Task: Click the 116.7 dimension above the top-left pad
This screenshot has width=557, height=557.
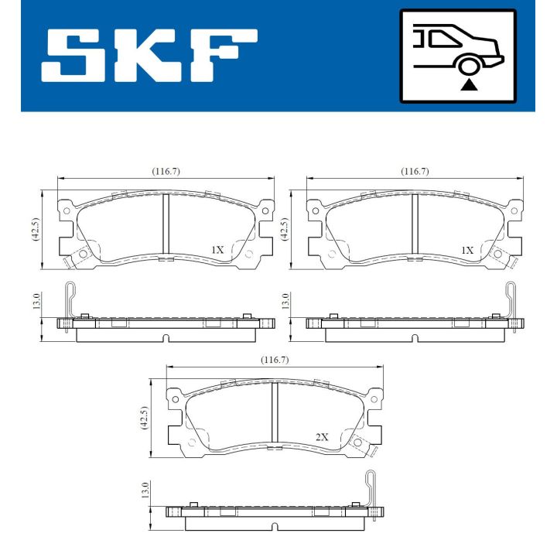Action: click(x=166, y=172)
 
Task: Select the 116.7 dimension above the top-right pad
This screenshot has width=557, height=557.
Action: click(x=415, y=172)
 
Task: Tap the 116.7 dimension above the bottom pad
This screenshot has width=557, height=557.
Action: click(x=274, y=360)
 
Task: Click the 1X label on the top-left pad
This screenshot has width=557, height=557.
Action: click(x=217, y=250)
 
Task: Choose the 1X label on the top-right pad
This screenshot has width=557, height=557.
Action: click(x=466, y=250)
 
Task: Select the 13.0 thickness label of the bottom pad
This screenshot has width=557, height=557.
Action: click(x=144, y=490)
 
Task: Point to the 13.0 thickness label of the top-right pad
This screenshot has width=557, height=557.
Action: click(x=285, y=301)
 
